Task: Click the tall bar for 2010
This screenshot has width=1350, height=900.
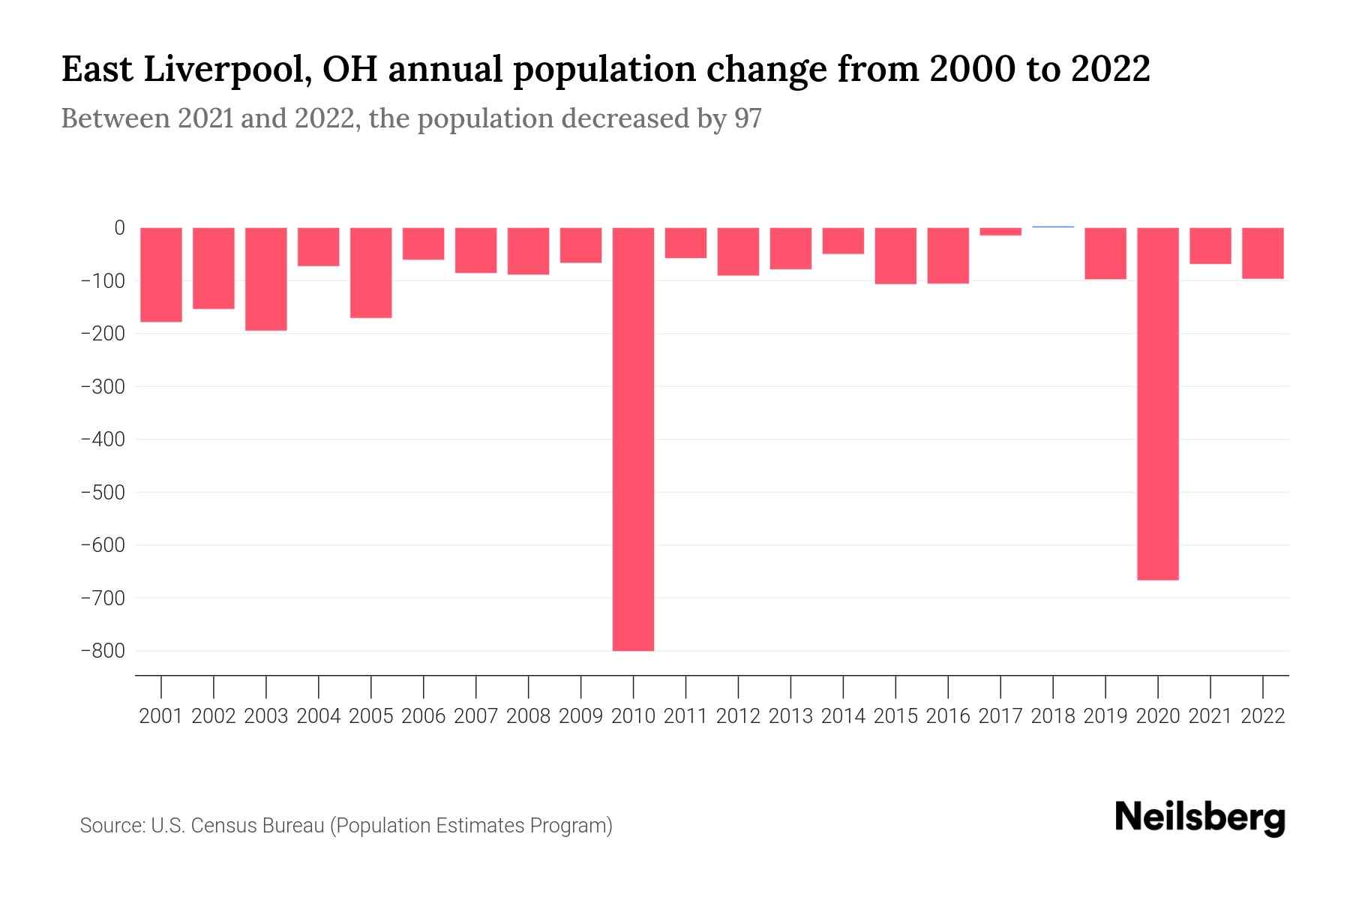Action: (633, 439)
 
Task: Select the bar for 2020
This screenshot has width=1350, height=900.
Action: (1157, 403)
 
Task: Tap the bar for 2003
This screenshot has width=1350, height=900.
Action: (266, 279)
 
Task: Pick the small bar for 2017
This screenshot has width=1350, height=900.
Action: (1000, 232)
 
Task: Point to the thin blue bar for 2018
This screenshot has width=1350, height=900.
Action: (1053, 226)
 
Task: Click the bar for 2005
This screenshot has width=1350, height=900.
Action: (371, 273)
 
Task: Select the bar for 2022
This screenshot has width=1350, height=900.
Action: (1263, 253)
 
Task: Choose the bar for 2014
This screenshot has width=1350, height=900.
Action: (843, 241)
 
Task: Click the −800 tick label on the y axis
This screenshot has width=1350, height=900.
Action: (103, 651)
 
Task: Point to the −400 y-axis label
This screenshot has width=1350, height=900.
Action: (103, 439)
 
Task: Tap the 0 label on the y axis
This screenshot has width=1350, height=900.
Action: (119, 228)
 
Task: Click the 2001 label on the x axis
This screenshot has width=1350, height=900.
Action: (161, 716)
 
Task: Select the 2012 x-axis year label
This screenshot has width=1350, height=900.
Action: (738, 716)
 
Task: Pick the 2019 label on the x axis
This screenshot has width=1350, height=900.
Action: (1105, 716)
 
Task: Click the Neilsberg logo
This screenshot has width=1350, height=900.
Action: (1200, 818)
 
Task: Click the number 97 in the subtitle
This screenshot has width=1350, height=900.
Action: (748, 118)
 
